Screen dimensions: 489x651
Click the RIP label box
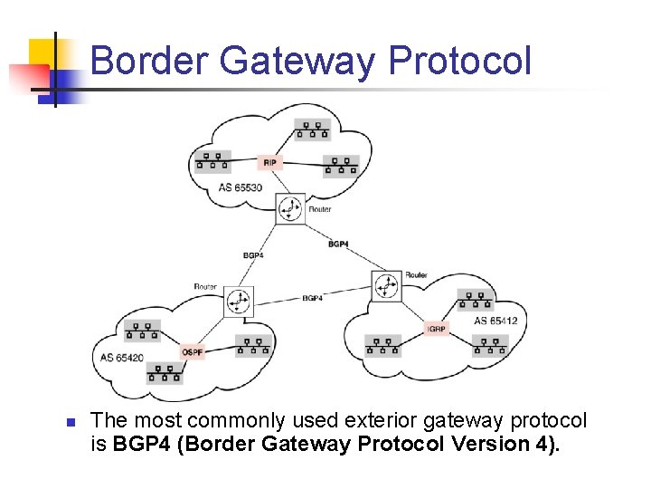click(x=269, y=163)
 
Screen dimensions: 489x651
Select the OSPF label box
click(x=193, y=351)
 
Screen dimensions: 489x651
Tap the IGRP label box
click(x=437, y=329)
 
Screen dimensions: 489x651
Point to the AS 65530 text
click(x=241, y=188)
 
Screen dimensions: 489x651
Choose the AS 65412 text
click(x=495, y=321)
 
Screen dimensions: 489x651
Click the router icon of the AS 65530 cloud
click(x=290, y=208)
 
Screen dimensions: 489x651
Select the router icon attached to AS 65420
click(x=239, y=302)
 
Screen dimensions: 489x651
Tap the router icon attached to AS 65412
click(x=387, y=285)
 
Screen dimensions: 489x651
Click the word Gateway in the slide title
click(x=300, y=61)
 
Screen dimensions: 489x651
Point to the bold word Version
click(x=482, y=444)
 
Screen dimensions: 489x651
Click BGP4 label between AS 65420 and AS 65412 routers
click(x=313, y=298)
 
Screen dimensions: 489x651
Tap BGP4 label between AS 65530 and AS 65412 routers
click(x=338, y=244)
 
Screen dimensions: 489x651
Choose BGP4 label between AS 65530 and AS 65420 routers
click(x=253, y=255)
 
